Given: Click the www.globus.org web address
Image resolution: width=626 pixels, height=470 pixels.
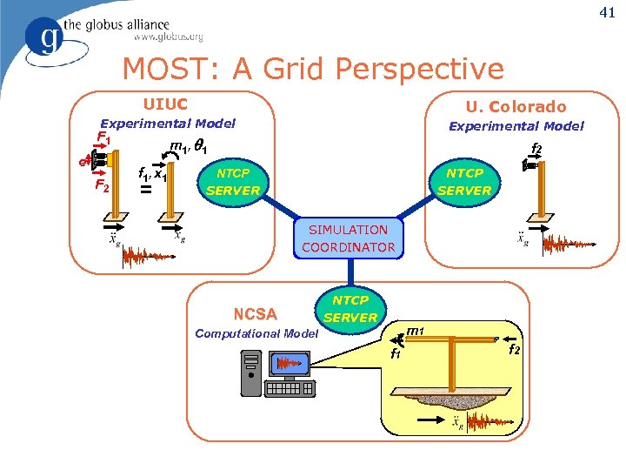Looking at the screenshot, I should click(168, 37).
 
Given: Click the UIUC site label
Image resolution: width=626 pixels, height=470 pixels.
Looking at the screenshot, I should click(165, 104).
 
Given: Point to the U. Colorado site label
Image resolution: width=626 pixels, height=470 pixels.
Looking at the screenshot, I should click(516, 106).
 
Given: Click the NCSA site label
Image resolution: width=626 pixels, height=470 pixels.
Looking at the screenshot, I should click(255, 314).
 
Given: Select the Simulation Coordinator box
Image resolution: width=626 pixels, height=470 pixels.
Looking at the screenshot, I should click(348, 238).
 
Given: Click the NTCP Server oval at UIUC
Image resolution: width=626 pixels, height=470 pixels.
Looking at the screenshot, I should click(233, 181).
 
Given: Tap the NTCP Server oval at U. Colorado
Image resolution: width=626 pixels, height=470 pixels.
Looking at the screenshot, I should click(463, 181).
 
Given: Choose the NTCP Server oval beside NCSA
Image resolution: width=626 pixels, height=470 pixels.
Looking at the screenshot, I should click(350, 309).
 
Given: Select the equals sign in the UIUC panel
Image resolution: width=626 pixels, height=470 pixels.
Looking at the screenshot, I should click(146, 189).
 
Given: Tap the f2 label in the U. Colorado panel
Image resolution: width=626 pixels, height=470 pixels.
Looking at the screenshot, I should click(536, 149).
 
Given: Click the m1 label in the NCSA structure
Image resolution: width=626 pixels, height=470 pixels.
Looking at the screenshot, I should click(416, 331).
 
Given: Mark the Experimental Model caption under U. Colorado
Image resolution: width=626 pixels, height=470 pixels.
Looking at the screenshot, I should click(516, 126).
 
